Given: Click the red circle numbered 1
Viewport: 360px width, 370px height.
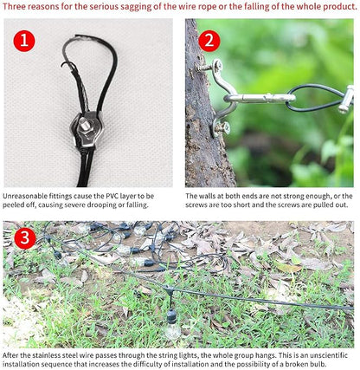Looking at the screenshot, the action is [24, 41].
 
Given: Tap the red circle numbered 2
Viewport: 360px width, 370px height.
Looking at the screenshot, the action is [209, 41].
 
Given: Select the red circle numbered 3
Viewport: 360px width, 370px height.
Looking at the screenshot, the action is [25, 238].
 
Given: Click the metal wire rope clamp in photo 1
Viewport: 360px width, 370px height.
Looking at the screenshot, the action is [86, 130].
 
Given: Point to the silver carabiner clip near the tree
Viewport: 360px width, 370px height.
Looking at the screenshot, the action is [260, 99].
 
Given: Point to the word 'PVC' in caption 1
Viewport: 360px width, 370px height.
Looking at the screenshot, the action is [112, 196].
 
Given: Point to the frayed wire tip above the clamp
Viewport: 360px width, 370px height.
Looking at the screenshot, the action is [64, 65].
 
